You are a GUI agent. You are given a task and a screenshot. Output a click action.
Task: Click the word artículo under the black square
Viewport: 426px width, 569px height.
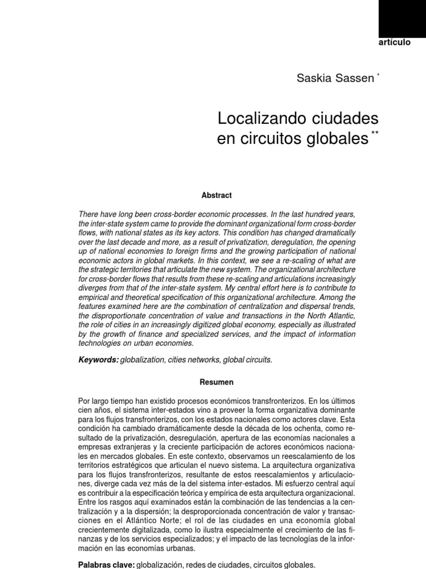(x=394, y=43)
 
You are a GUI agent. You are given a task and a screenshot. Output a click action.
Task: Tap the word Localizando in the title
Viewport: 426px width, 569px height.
(x=258, y=118)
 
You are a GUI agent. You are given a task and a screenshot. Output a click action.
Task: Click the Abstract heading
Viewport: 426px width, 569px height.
(x=216, y=195)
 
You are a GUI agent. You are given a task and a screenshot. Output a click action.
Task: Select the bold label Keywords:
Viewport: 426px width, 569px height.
(x=99, y=360)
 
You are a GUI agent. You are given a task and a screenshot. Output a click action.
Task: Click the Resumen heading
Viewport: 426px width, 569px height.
(x=216, y=382)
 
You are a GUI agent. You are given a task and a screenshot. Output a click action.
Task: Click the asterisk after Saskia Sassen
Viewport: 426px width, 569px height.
(x=378, y=74)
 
